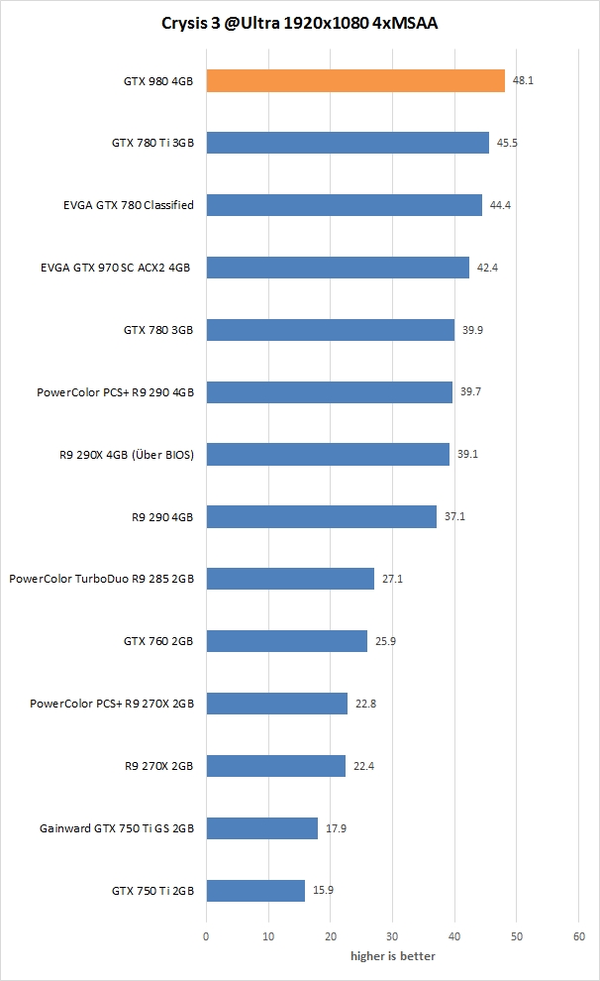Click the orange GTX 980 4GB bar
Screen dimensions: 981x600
pos(354,80)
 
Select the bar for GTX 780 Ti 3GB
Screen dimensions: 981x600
pos(347,143)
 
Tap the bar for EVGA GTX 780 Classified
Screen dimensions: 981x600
pos(344,205)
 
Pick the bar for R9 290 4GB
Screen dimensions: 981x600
pos(321,516)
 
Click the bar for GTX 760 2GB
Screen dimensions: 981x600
pos(286,641)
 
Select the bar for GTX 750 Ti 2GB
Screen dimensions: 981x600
pos(255,891)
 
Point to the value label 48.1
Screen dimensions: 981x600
pos(523,80)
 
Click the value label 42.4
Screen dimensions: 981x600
pos(487,268)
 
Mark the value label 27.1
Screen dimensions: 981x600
pos(392,579)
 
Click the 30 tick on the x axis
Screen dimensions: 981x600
pos(392,935)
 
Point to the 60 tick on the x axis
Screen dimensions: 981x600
pos(579,935)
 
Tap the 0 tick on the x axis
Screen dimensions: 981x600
pos(206,935)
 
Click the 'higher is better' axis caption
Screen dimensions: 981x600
pos(392,956)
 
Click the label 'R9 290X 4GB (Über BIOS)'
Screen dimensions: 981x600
pos(128,454)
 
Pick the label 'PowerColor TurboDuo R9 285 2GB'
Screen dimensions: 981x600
pos(101,579)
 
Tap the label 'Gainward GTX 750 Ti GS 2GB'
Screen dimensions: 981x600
pos(117,828)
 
